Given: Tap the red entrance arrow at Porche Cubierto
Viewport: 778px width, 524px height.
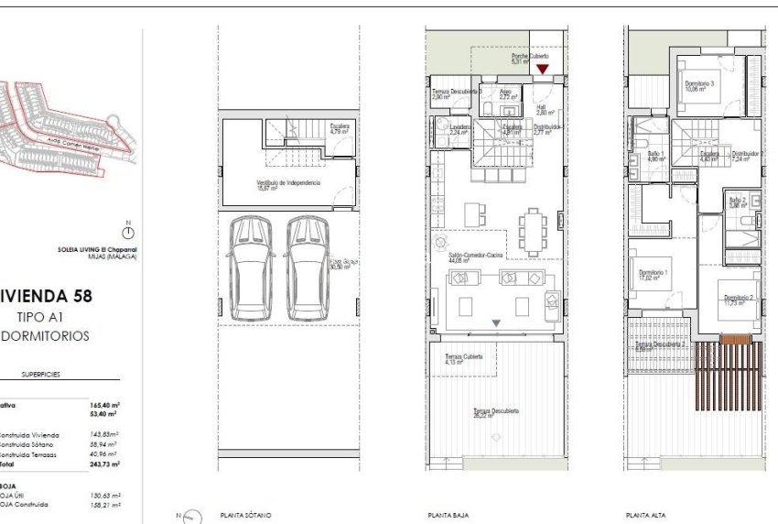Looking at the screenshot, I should [x=542, y=69].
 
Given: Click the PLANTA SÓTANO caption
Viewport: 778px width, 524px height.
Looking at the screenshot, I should [x=245, y=516].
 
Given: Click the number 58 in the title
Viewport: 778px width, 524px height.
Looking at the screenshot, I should [x=105, y=296].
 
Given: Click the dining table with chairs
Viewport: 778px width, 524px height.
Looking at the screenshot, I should [x=532, y=232].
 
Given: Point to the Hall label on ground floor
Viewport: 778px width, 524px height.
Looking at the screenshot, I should [x=541, y=109].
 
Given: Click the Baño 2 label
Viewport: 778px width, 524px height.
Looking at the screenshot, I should [x=738, y=201].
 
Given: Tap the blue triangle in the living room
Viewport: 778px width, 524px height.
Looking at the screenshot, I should [x=496, y=322].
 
